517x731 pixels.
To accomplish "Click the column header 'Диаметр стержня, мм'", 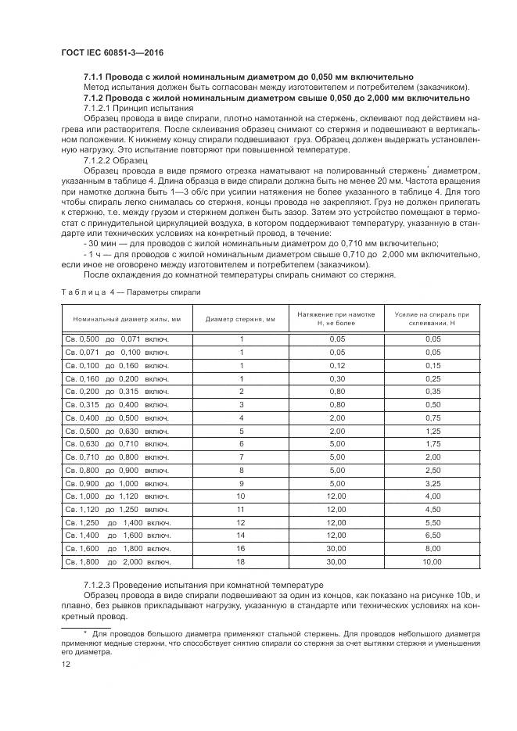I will pos(241,319).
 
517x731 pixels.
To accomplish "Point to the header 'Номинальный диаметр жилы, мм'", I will pos(127,319).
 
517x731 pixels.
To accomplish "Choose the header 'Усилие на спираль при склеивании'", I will pos(432,319).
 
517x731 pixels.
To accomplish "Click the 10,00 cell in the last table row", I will pos(432,561).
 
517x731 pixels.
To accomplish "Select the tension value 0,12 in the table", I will pos(336,365).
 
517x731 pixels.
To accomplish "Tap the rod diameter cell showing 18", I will pos(241,561).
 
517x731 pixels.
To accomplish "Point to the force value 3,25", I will pos(432,483).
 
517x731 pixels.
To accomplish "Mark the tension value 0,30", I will pos(336,378).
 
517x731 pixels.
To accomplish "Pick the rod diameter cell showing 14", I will pos(241,535).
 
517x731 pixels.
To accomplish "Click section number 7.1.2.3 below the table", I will pos(99,585).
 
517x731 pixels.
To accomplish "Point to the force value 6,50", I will pos(432,535).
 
